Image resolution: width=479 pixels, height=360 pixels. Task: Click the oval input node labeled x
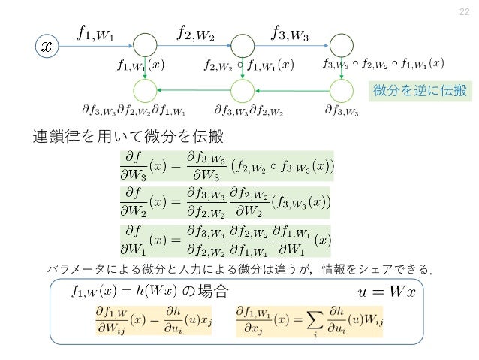tap(47, 46)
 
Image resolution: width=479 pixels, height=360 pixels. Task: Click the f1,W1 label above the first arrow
tap(96, 32)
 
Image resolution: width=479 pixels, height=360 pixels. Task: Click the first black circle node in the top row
tap(146, 46)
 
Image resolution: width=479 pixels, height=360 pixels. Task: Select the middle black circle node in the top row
tap(243, 46)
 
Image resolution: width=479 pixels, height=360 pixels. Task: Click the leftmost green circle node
tap(146, 91)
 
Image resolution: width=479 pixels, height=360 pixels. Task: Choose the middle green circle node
tap(243, 91)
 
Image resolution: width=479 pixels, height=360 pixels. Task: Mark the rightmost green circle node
tap(341, 91)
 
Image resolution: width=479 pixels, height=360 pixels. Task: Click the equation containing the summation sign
tap(303, 321)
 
